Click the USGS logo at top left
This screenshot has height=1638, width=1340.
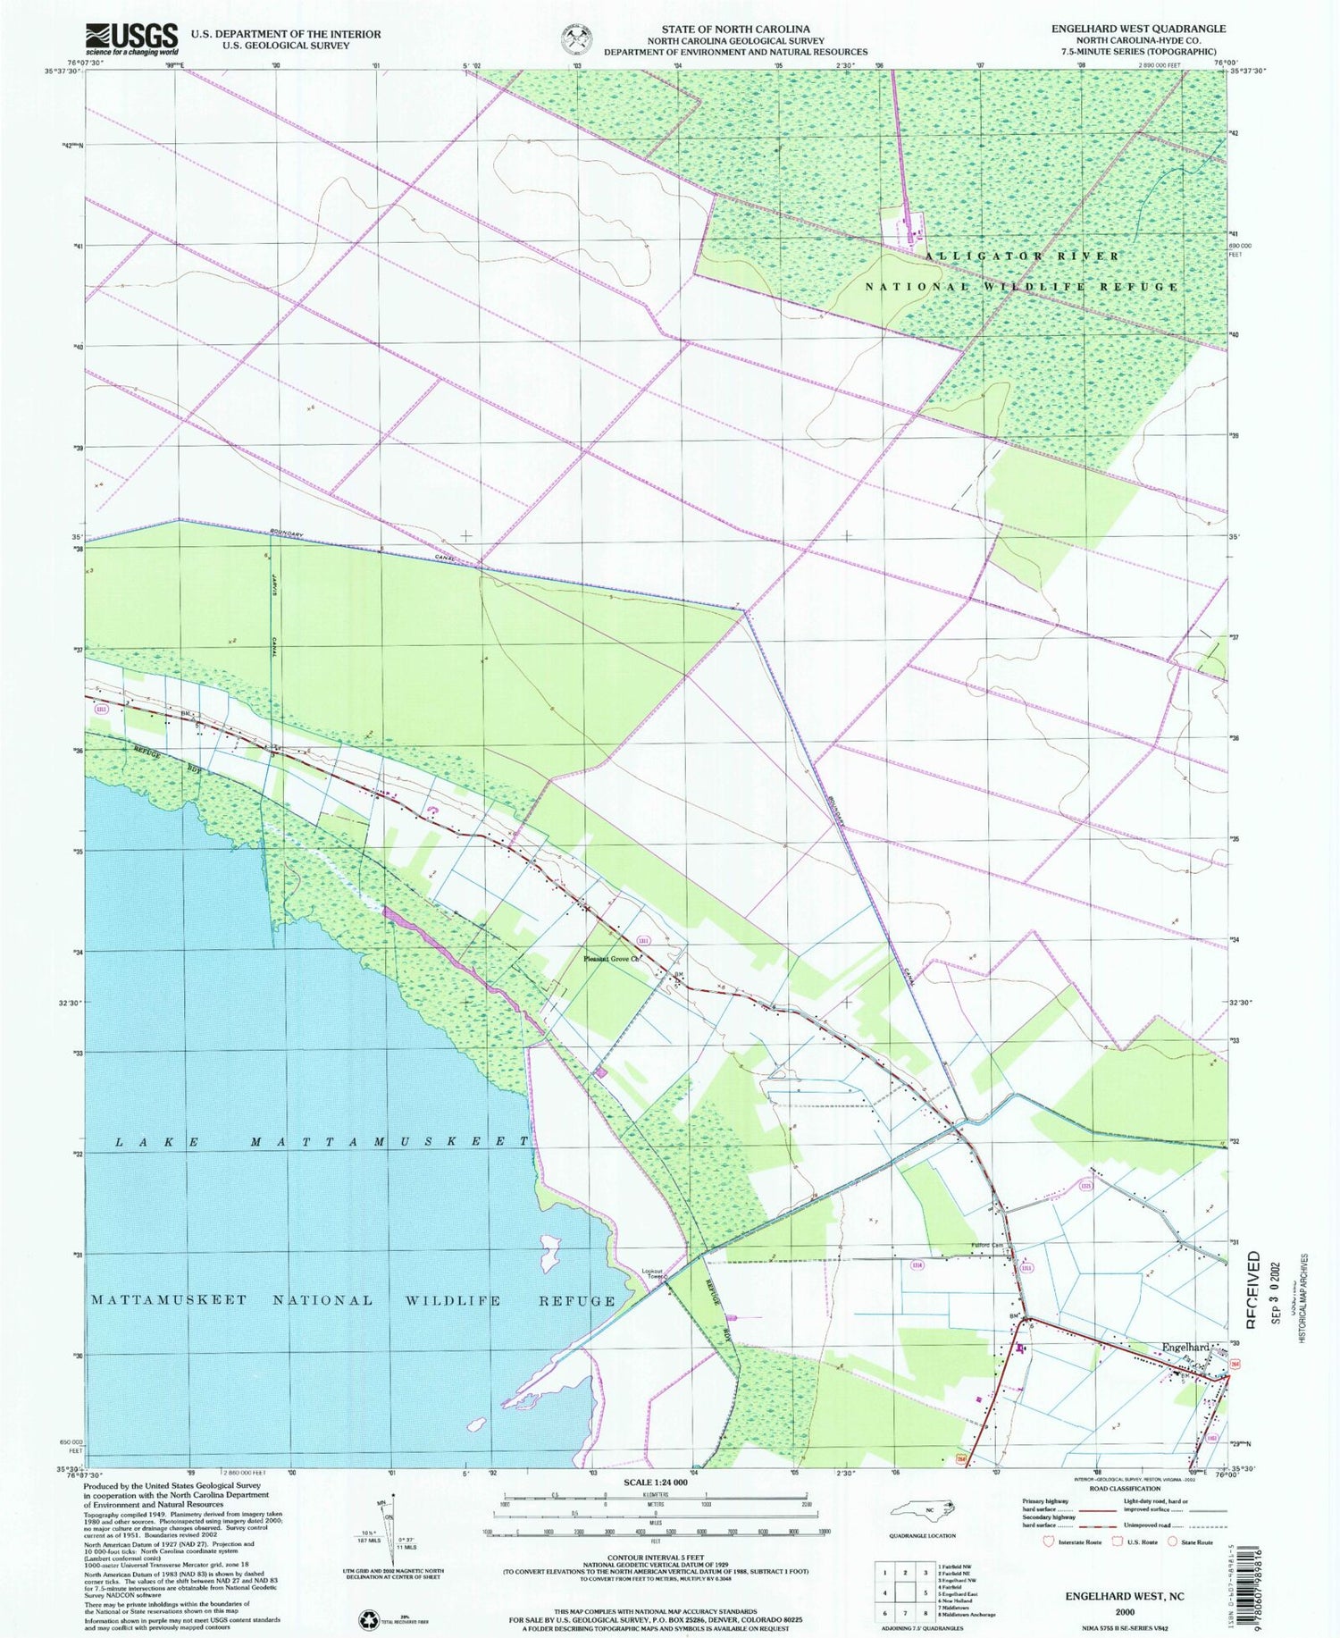[131, 38]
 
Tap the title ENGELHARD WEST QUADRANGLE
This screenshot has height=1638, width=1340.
[1137, 29]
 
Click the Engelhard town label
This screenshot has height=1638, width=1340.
[1185, 1347]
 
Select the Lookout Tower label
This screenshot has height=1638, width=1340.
[653, 1274]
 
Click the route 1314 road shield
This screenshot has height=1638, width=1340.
[917, 1264]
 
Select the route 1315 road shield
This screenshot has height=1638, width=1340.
[1085, 1186]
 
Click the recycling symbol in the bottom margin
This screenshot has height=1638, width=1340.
[367, 1619]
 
